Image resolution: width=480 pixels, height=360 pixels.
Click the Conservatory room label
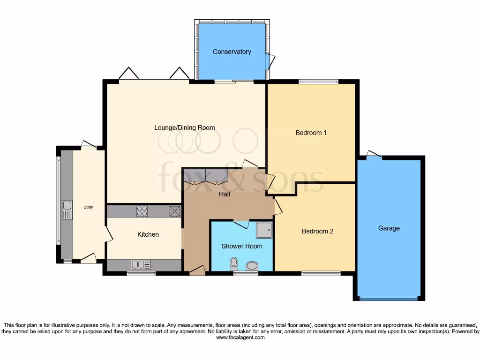pyautogui.click(x=232, y=52)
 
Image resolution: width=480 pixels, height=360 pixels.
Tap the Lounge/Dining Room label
pyautogui.click(x=185, y=127)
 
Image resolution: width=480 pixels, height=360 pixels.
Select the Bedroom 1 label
pyautogui.click(x=311, y=133)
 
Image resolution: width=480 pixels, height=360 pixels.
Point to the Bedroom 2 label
pyautogui.click(x=317, y=231)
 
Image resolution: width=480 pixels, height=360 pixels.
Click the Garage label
pyautogui.click(x=389, y=228)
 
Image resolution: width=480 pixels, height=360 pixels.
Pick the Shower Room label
pyautogui.click(x=242, y=246)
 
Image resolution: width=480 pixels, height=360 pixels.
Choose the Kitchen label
pyautogui.click(x=148, y=234)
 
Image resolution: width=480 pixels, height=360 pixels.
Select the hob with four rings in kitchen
pyautogui.click(x=142, y=211)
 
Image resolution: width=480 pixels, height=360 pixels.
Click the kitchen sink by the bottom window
pyautogui.click(x=141, y=265)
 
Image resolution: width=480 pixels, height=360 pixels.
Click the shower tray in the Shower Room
pyautogui.click(x=263, y=230)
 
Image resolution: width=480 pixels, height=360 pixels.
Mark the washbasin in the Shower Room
pyautogui.click(x=252, y=266)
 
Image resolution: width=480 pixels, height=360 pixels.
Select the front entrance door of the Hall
pyautogui.click(x=197, y=270)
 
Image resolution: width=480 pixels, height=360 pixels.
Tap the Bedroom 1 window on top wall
pyautogui.click(x=318, y=82)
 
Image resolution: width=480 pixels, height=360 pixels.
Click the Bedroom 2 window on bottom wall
pyautogui.click(x=321, y=273)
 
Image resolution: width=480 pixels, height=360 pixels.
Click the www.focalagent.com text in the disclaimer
pyautogui.click(x=240, y=337)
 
